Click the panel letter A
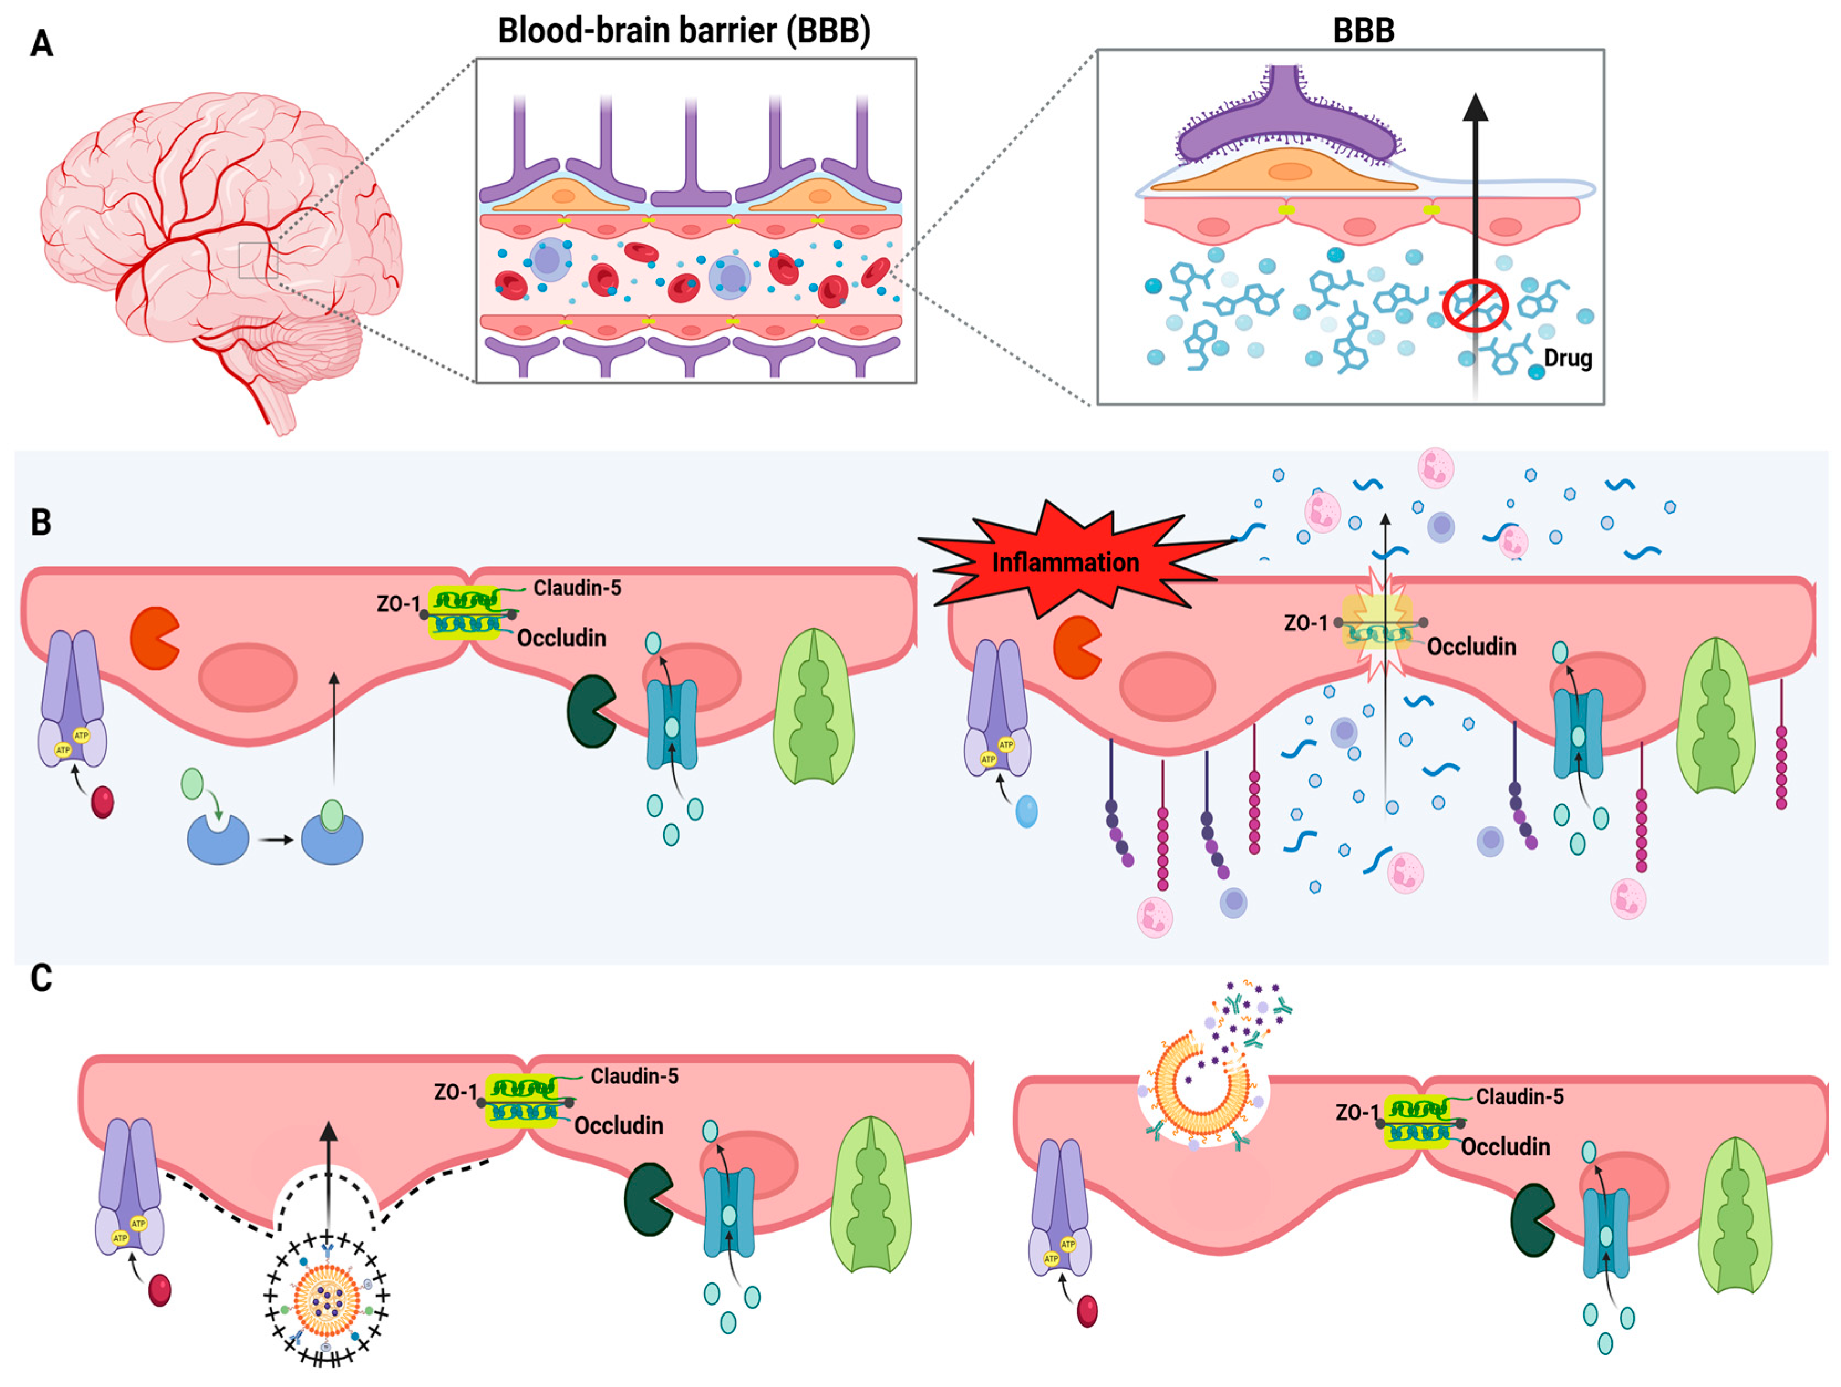point(41,43)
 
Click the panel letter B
point(41,522)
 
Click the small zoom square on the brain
point(257,261)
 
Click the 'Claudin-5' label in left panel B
point(577,588)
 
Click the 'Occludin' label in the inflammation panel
point(1471,646)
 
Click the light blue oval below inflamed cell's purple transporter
point(1026,811)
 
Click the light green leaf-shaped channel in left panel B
point(813,707)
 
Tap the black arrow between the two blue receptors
point(276,840)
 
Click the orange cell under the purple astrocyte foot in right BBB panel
point(1286,172)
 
